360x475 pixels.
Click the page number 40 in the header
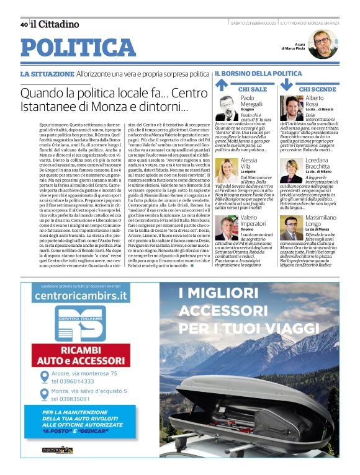(24, 24)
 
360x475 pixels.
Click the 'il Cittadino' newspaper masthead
(55, 24)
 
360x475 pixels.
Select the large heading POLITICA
(78, 48)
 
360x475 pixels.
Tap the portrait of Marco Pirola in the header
(322, 44)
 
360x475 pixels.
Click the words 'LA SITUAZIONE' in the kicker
(47, 74)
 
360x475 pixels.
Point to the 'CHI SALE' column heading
(253, 89)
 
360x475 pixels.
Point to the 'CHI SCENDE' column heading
(317, 89)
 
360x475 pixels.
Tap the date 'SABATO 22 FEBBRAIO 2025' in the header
(253, 24)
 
